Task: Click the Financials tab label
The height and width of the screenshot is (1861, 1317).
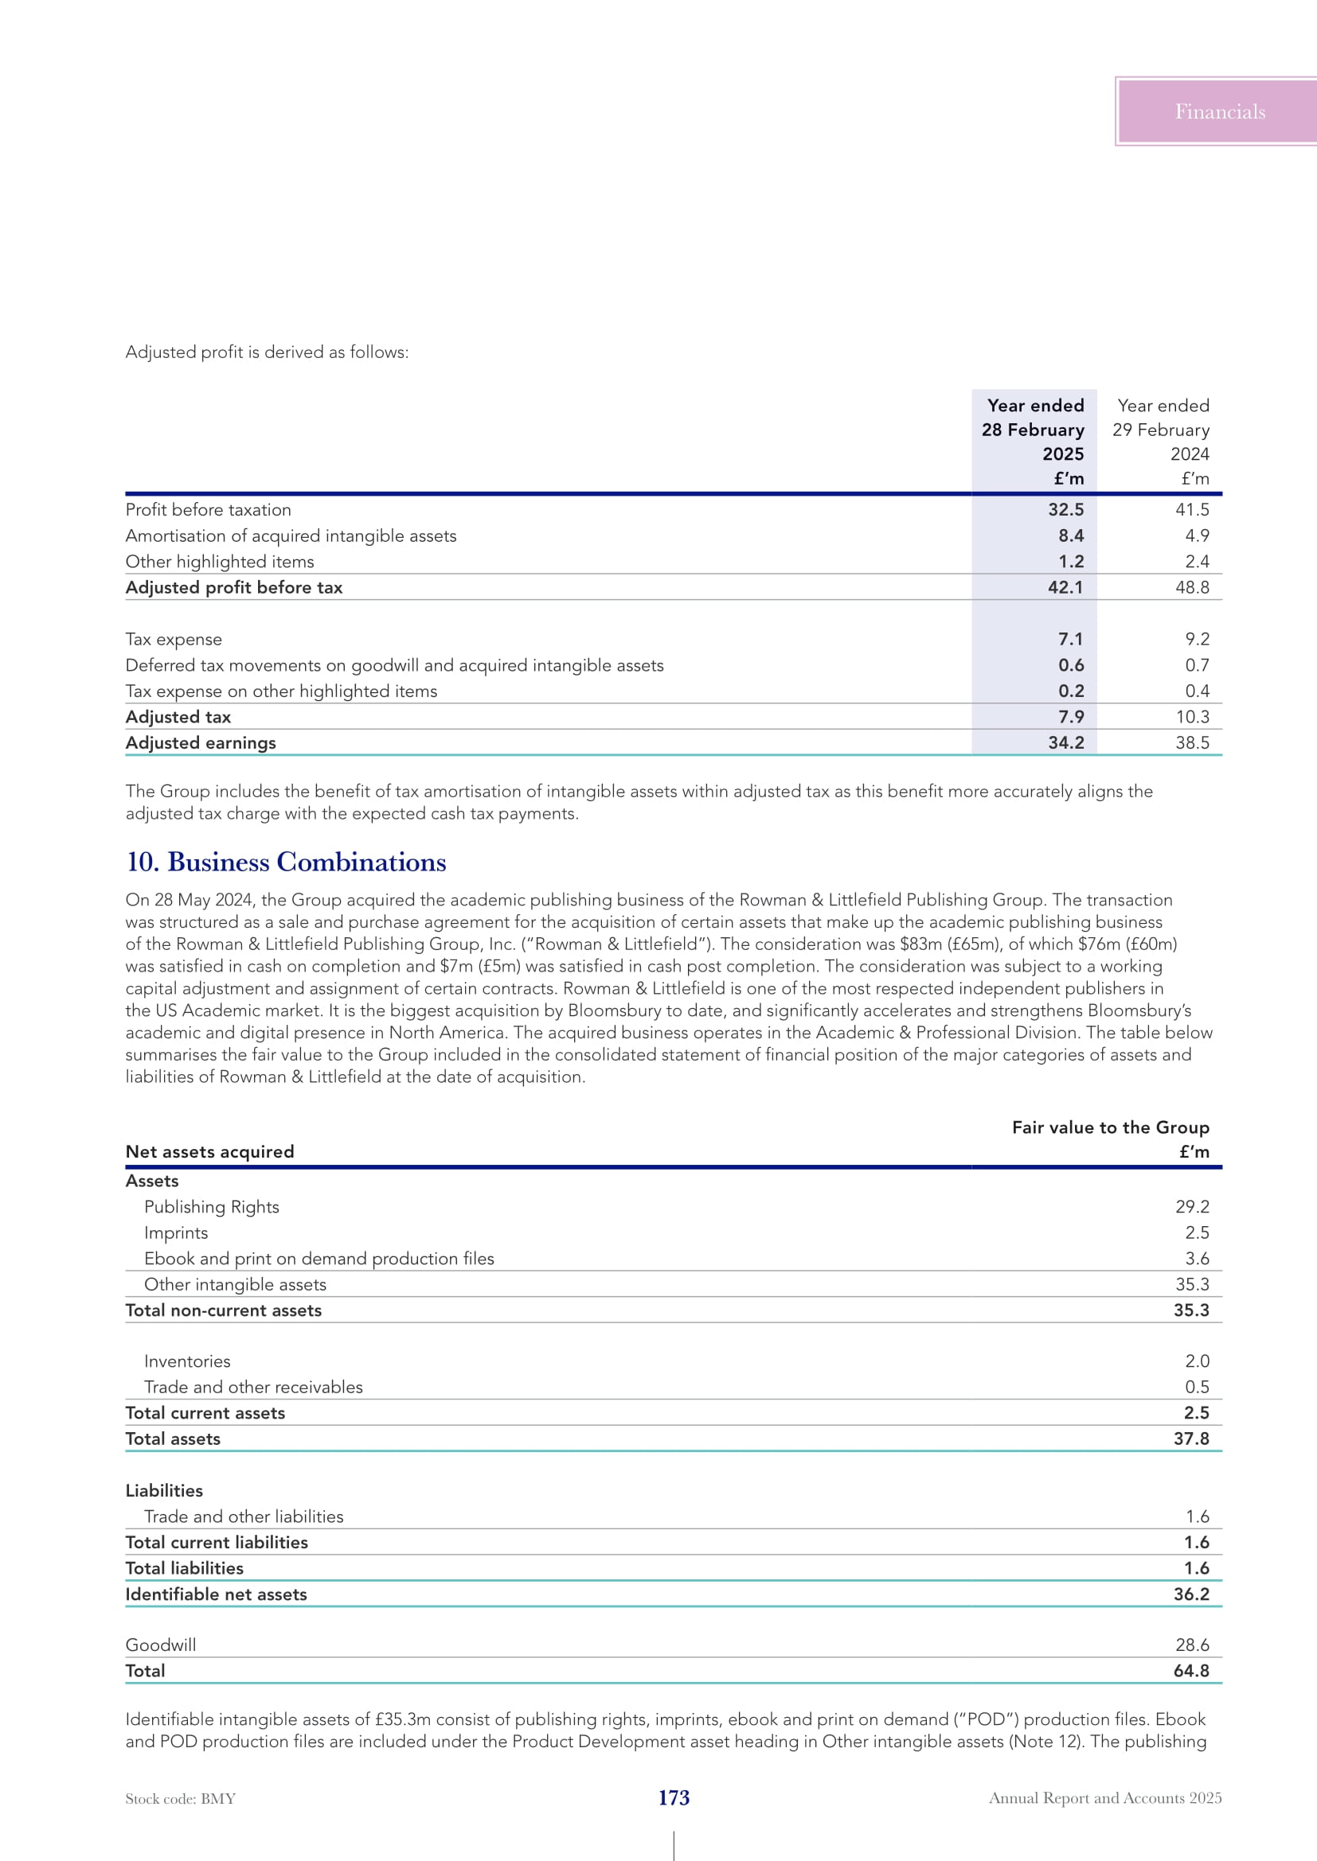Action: point(1220,112)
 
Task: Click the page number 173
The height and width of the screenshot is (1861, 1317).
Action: point(674,1798)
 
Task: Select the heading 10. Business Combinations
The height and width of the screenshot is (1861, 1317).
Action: point(287,862)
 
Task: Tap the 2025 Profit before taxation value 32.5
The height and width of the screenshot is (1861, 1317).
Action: point(1065,510)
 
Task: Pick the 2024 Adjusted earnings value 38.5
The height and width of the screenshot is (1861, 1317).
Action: point(1192,742)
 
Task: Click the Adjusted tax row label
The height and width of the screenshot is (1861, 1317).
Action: point(178,717)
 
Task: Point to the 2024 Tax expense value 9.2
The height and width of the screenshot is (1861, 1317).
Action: point(1197,640)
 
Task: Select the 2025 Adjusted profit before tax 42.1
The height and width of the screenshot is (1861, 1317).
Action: point(1065,587)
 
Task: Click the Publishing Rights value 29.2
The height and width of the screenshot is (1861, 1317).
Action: point(1192,1207)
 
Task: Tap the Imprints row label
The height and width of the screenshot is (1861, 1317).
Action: point(176,1232)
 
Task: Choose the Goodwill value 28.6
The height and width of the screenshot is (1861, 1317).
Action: point(1192,1645)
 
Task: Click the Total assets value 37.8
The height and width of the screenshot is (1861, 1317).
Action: point(1191,1439)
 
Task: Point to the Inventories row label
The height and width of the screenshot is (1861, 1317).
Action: point(187,1361)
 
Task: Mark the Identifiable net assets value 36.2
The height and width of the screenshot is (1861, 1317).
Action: point(1191,1594)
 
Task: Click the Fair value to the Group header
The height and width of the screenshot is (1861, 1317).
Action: point(1110,1127)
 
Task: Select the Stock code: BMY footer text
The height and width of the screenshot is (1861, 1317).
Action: point(181,1799)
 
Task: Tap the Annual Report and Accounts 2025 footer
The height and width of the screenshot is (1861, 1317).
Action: point(1105,1798)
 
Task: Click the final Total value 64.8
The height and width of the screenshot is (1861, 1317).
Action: point(1191,1671)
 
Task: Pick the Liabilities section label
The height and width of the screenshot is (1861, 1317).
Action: point(165,1490)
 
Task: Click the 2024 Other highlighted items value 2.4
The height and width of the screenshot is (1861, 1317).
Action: point(1197,562)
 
